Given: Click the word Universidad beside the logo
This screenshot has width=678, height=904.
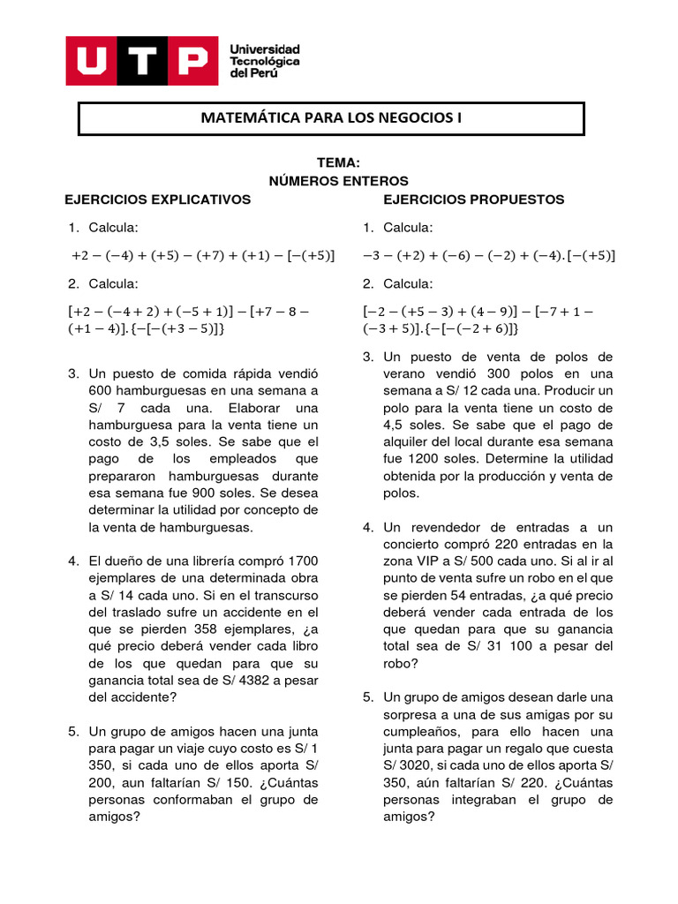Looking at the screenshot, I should [x=264, y=49].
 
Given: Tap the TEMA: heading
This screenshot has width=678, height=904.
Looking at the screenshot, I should [x=338, y=163].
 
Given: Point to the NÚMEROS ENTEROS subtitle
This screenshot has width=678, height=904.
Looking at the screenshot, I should [x=338, y=181].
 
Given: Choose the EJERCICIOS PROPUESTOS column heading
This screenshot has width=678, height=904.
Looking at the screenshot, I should [x=473, y=200].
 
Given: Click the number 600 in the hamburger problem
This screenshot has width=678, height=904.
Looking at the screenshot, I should [x=101, y=390].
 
